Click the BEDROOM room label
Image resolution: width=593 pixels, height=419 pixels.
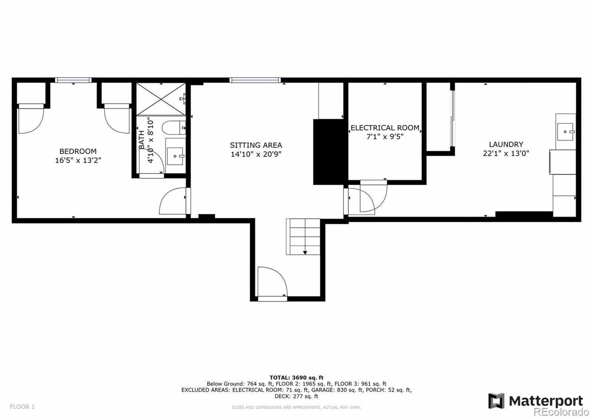[78, 151]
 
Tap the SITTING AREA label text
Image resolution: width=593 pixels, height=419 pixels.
[256, 145]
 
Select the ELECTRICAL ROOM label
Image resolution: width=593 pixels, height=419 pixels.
[385, 128]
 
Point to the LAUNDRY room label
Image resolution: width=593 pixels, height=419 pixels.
[506, 144]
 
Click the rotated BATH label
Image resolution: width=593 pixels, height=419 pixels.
[142, 140]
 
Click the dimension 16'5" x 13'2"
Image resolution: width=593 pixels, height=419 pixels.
[78, 160]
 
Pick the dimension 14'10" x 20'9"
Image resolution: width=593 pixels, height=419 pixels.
[256, 154]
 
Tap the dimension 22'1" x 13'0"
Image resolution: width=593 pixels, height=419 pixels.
[506, 154]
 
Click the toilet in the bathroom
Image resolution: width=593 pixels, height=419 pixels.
[174, 128]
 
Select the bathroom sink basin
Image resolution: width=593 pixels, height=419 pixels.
[175, 156]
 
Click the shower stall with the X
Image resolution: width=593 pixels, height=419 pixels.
[161, 99]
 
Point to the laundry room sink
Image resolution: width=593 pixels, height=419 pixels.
[565, 132]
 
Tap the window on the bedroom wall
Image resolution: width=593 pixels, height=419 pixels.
[73, 80]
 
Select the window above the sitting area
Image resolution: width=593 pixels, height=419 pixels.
[255, 80]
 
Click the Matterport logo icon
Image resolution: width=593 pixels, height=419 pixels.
[497, 401]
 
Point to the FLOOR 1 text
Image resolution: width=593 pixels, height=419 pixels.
[22, 406]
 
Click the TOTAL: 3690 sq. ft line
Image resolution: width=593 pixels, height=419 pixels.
[296, 377]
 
